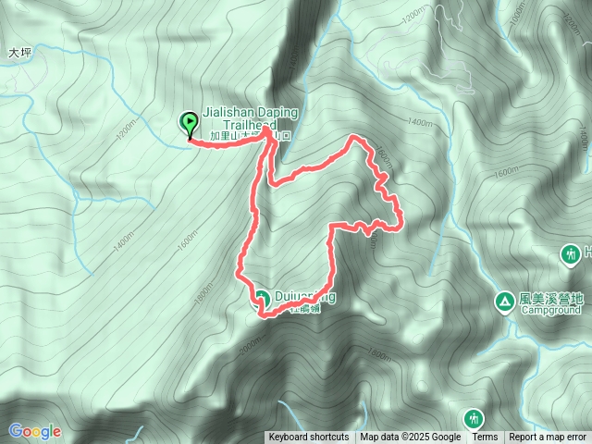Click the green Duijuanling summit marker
pyautogui.click(x=261, y=298)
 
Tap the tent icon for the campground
pyautogui.click(x=504, y=300)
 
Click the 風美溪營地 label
pyautogui.click(x=552, y=298)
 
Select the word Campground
pyautogui.click(x=551, y=311)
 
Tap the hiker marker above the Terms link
pyautogui.click(x=474, y=418)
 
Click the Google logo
pyautogui.click(x=35, y=430)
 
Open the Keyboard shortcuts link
pyautogui.click(x=309, y=438)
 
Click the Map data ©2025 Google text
pyautogui.click(x=411, y=438)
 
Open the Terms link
pyautogui.click(x=485, y=438)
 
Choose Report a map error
pyautogui.click(x=548, y=438)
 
